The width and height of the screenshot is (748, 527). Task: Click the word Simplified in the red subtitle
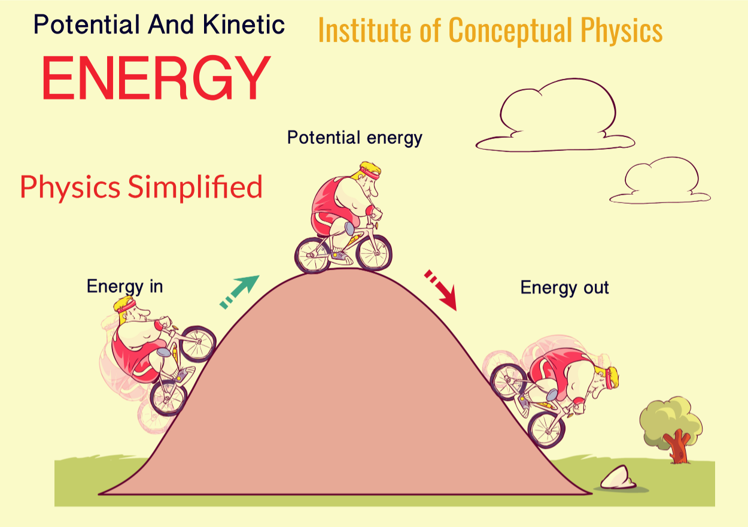(x=195, y=187)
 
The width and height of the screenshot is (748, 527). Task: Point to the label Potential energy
(x=355, y=138)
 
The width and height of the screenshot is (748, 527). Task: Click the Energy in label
(x=124, y=286)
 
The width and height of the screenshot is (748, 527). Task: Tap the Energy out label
(x=564, y=287)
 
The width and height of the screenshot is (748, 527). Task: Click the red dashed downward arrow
(x=442, y=289)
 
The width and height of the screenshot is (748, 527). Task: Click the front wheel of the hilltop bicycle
(x=373, y=252)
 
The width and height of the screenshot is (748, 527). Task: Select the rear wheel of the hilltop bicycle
(x=313, y=255)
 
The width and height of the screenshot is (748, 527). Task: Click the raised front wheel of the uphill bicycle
(x=197, y=344)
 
